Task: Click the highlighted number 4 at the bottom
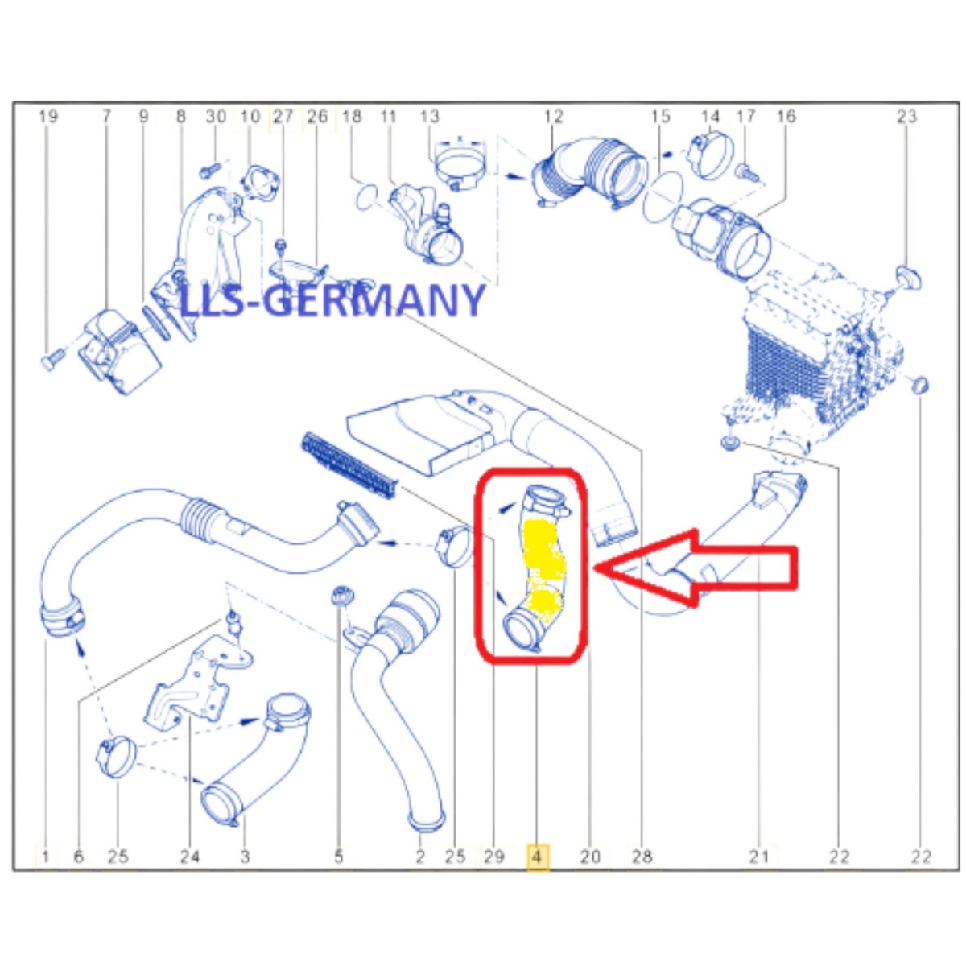point(536,857)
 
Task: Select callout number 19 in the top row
point(48,116)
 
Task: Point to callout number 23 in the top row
point(907,116)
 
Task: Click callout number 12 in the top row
point(553,116)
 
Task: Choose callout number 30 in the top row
point(216,116)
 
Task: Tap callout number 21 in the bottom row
point(759,857)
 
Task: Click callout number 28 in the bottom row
point(642,857)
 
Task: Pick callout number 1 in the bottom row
point(45,857)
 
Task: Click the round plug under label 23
point(908,279)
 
